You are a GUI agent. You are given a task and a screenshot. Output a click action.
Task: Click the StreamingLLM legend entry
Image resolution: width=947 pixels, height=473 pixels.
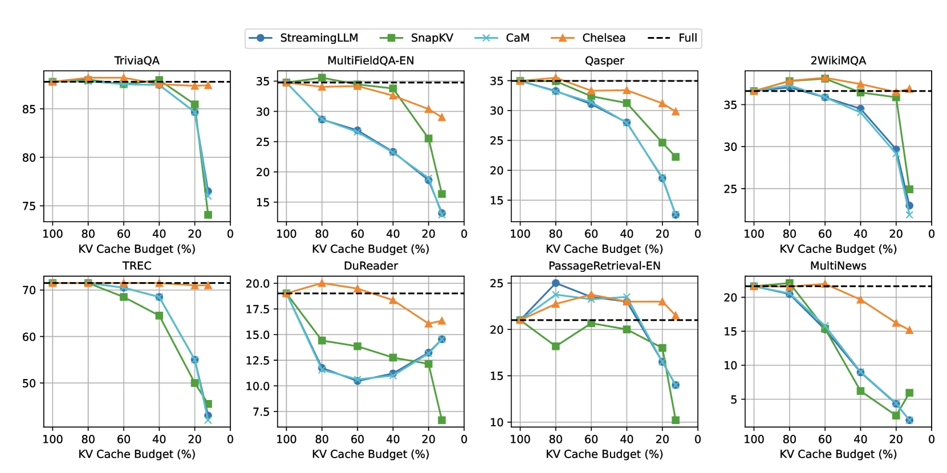(303, 38)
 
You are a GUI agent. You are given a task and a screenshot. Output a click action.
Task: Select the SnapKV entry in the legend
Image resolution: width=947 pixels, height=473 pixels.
(417, 38)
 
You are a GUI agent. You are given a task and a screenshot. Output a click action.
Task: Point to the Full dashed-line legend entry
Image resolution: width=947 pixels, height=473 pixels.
(673, 38)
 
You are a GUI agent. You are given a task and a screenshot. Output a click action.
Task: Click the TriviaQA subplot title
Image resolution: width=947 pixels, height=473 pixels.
(137, 60)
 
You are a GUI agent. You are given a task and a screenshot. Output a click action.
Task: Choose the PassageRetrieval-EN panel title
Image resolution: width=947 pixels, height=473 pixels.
(604, 266)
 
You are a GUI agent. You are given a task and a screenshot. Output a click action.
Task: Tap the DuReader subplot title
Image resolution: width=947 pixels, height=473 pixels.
(371, 266)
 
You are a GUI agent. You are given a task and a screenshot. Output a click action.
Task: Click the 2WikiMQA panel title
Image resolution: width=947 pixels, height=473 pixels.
(838, 60)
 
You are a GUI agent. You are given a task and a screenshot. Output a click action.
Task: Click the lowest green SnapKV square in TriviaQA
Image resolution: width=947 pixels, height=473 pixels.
(208, 215)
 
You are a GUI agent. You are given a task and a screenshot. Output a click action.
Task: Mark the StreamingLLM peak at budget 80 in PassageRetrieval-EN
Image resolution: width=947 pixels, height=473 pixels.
(555, 283)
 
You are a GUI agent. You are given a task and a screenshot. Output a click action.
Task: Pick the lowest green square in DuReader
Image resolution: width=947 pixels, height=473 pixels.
(442, 420)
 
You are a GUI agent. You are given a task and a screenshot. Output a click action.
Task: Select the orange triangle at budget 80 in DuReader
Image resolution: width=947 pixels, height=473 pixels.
(322, 283)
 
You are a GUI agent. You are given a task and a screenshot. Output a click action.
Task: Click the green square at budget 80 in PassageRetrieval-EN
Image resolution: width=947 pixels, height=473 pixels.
(555, 346)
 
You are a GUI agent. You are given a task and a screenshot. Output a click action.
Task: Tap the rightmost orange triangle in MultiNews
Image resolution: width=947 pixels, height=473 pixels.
(909, 330)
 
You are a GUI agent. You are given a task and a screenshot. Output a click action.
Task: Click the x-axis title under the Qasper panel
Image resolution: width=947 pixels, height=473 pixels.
(604, 249)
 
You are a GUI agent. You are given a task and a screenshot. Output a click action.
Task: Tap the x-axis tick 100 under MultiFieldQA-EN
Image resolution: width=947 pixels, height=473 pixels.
(286, 234)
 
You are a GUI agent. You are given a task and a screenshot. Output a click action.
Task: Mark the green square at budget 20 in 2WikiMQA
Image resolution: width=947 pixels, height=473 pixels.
(896, 97)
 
